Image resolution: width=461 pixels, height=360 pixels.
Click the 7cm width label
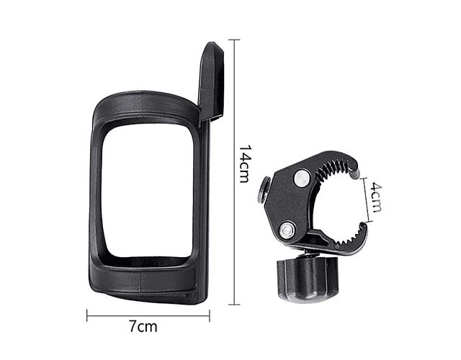(143, 326)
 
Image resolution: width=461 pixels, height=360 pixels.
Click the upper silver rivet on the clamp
(302, 178)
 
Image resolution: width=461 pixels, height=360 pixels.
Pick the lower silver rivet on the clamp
(287, 230)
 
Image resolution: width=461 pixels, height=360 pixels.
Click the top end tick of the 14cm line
(234, 40)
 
